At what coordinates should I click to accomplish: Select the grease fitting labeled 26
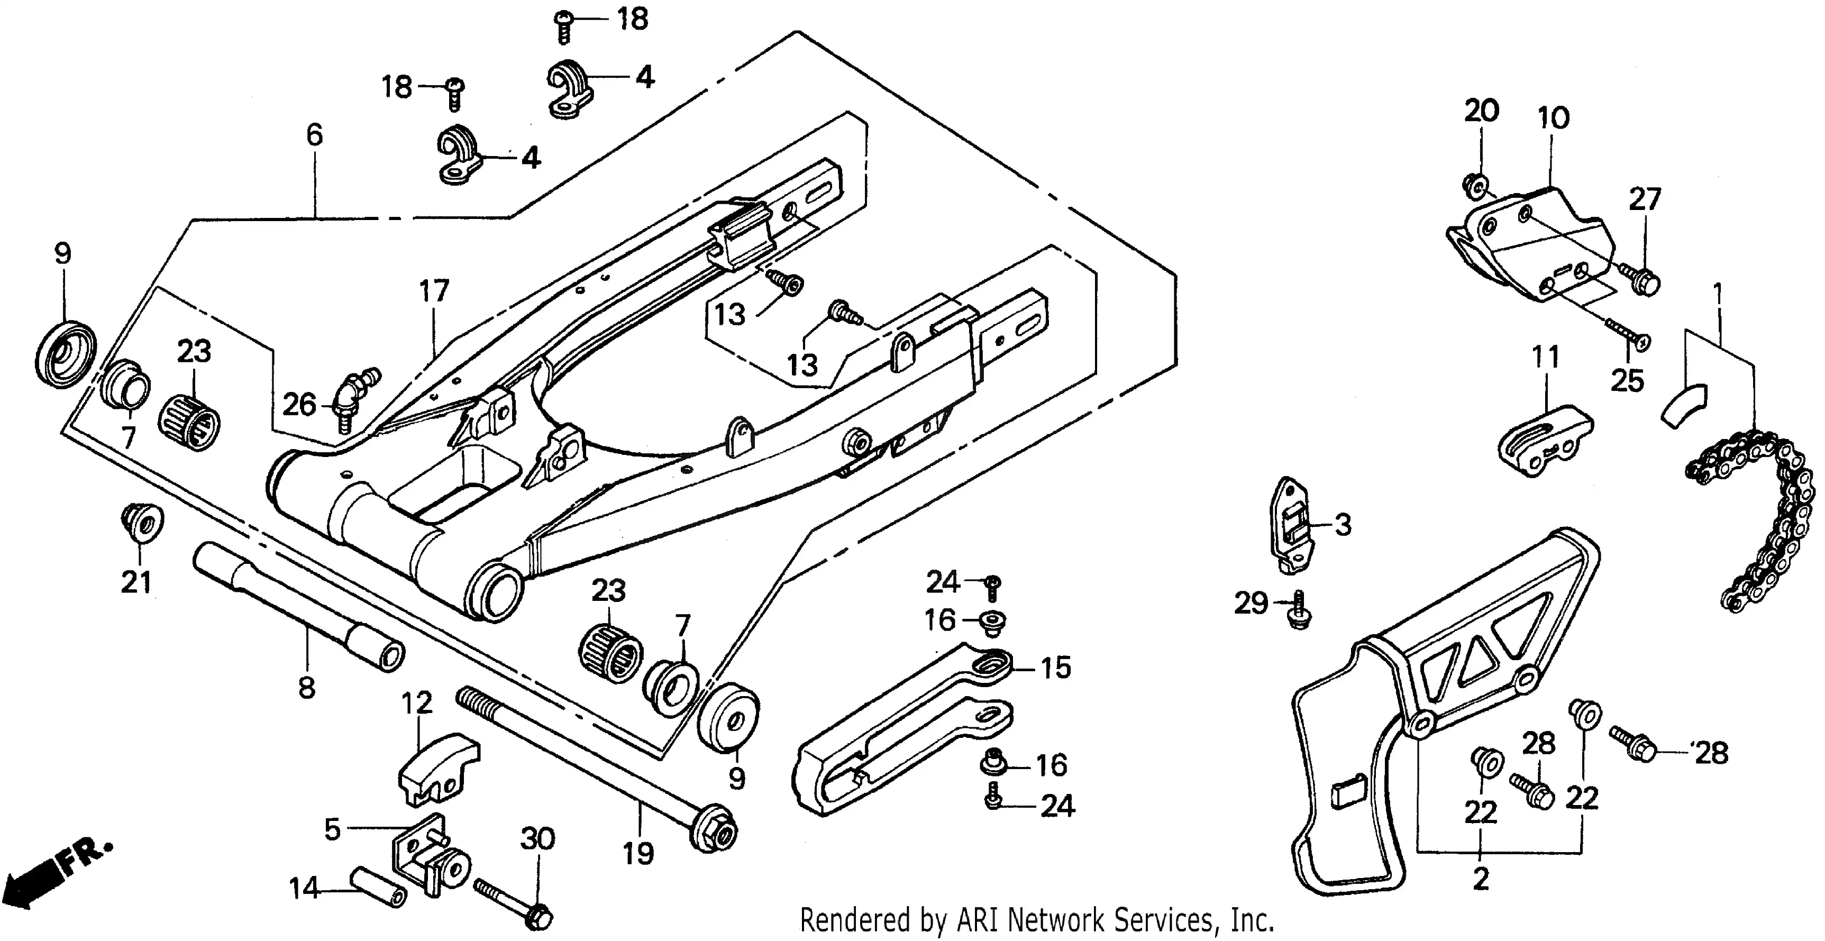[354, 397]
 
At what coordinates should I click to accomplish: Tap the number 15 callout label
[1056, 668]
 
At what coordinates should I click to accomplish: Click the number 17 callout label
[434, 290]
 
